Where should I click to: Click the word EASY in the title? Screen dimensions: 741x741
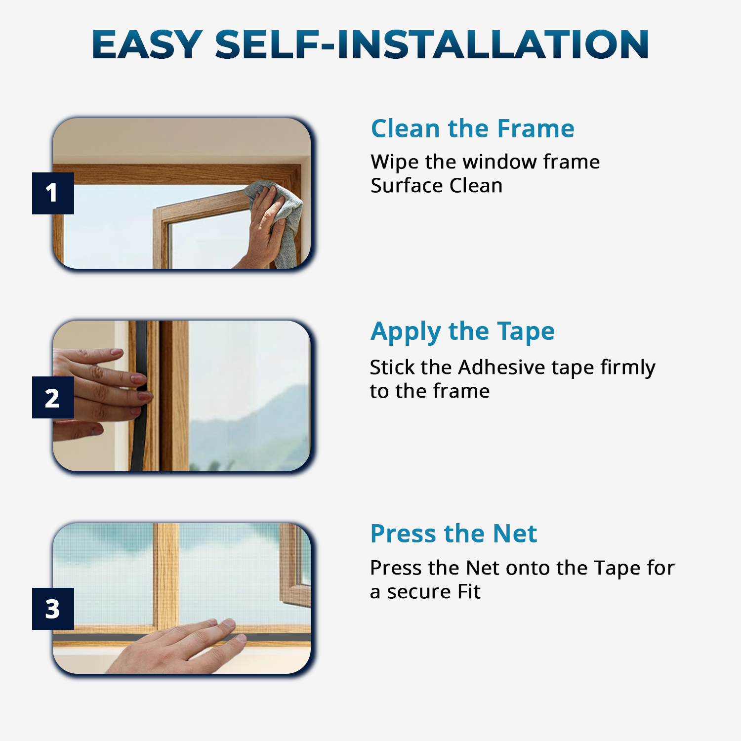click(x=147, y=44)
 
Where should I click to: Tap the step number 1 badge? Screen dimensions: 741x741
click(x=53, y=193)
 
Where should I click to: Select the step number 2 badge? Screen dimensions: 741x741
click(x=53, y=398)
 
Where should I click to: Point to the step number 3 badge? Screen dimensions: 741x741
click(x=53, y=609)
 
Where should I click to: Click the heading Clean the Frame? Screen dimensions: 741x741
click(x=472, y=128)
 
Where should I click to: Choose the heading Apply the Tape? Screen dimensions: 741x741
click(x=462, y=331)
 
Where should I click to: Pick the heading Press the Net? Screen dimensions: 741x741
click(x=453, y=534)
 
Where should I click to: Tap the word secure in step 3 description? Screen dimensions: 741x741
click(x=419, y=592)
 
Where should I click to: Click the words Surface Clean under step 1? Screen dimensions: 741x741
click(x=436, y=186)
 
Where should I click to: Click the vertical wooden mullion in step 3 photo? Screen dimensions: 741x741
click(x=166, y=573)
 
